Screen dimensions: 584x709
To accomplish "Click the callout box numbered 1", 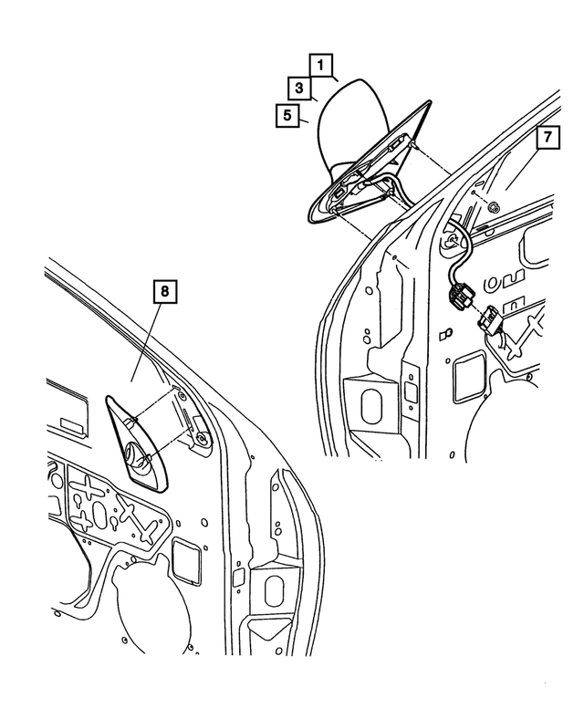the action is (321, 65).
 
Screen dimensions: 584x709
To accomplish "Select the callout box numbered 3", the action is (299, 88).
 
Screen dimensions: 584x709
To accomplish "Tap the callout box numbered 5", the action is (287, 115).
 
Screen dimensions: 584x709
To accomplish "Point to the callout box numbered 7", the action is (547, 137).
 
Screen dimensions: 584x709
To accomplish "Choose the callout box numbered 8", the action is (164, 291).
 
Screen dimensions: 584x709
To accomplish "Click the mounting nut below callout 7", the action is (495, 208).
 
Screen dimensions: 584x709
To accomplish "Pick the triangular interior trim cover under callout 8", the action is (137, 442).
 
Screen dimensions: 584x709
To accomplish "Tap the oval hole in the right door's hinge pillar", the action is (371, 405).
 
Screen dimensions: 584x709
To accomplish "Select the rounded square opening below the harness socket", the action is (467, 376).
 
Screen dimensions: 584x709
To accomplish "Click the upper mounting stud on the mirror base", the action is (414, 145).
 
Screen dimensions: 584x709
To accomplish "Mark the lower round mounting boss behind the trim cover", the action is (202, 438).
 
